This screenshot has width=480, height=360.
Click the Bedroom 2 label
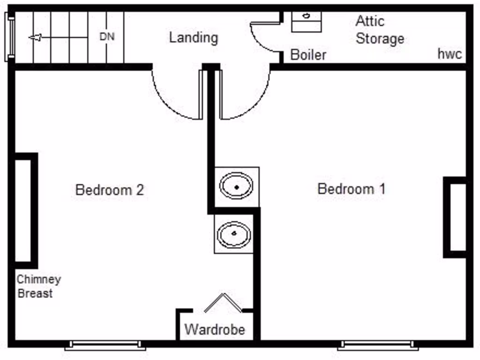pos(109,190)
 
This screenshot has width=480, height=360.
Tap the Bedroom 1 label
pos(352,189)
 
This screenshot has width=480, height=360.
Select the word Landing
pos(194,37)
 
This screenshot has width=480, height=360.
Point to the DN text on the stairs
pos(107,37)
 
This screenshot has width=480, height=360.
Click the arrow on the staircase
pos(36,37)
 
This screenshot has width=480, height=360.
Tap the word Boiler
pos(308,54)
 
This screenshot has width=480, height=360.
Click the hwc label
pos(450,54)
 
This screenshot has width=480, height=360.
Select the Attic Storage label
pos(379,30)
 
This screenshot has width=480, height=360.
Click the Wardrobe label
pos(215,329)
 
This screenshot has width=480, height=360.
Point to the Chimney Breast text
pos(38,286)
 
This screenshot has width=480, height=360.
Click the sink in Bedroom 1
pos(237,187)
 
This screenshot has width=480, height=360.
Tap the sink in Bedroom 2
pos(234,234)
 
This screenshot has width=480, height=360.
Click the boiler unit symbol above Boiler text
pos(307,21)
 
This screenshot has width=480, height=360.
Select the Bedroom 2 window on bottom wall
pos(105,345)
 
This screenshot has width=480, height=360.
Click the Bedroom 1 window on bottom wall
pos(378,345)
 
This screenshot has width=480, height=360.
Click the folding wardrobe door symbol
pos(223,302)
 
